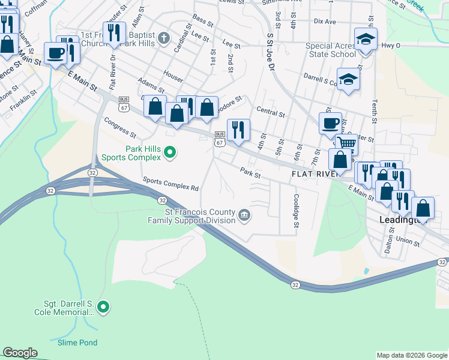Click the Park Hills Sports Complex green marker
tap(169, 153)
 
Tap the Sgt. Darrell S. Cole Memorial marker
tap(103, 308)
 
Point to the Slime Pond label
tap(77, 343)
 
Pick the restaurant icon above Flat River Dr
tap(113, 32)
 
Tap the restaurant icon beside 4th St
tap(238, 129)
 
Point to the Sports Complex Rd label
tap(170, 184)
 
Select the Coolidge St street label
tap(296, 210)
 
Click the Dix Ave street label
tap(325, 21)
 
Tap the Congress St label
tap(120, 127)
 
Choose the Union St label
tap(408, 242)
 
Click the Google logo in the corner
tap(20, 353)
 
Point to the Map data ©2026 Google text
tap(411, 355)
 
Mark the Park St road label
tap(250, 175)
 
